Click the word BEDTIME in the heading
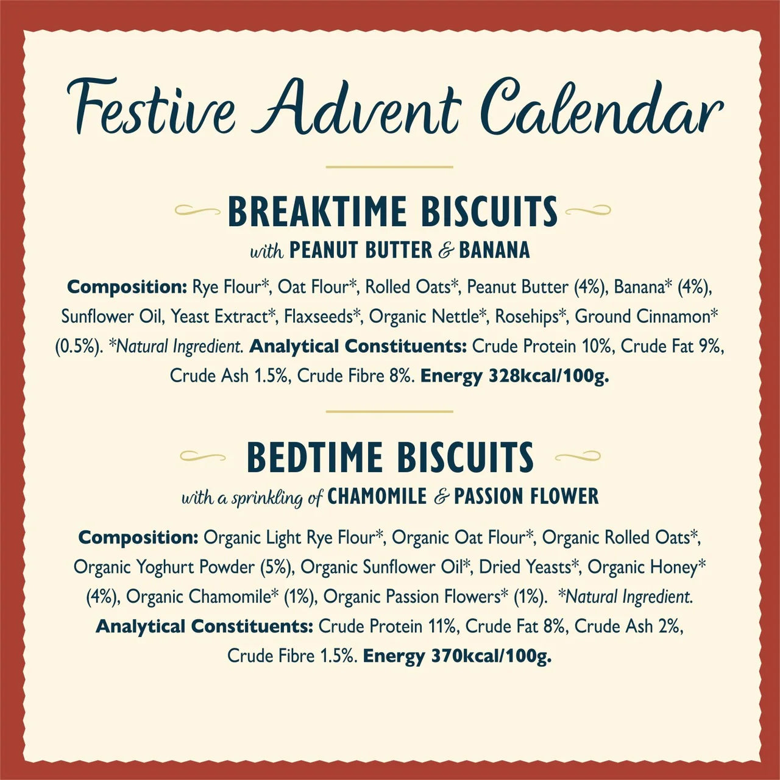point(314,458)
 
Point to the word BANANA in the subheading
point(494,250)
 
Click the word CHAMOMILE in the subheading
point(377,497)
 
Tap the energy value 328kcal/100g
point(548,375)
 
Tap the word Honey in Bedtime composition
point(676,567)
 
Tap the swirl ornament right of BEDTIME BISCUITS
point(578,456)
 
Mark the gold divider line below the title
point(389,166)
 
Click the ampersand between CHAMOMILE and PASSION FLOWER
point(440,497)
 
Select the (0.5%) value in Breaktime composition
point(79,346)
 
